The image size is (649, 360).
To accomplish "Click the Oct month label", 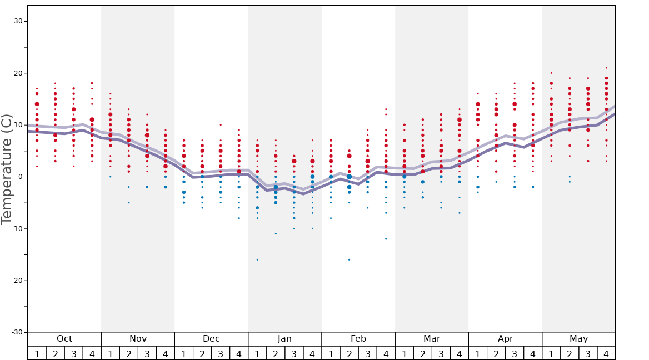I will tap(64, 339).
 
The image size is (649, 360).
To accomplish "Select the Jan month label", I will tap(284, 339).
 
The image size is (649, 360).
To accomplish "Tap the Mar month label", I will tap(432, 339).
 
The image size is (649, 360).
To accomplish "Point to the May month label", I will tap(578, 339).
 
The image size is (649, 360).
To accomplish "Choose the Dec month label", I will tap(211, 339).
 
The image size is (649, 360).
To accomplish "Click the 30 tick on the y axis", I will tap(18, 21).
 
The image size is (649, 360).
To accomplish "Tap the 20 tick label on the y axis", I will tap(18, 73).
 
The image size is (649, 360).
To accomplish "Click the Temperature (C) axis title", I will tap(7, 169).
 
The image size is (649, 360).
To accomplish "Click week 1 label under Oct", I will tap(37, 353).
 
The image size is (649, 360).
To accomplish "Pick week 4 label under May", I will tap(606, 353).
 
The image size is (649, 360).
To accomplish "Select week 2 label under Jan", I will tap(276, 353).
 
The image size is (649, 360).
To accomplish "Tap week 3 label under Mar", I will tap(441, 353).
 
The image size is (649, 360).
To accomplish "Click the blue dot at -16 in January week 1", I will tap(257, 259).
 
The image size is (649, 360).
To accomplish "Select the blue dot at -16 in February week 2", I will tap(349, 259).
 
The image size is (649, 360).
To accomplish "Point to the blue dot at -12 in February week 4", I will tap(386, 239).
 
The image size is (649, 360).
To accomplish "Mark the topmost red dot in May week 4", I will tap(606, 68).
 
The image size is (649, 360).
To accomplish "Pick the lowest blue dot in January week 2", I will tap(276, 234).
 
